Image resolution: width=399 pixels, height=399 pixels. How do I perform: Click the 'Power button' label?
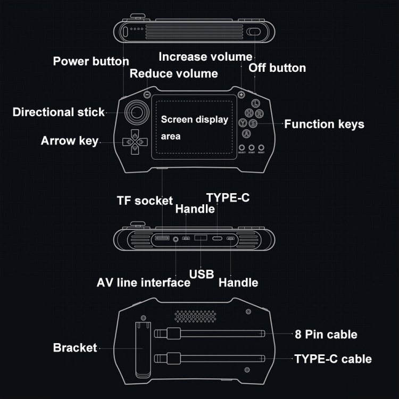[91, 61]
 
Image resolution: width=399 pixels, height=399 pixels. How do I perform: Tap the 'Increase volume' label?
[205, 56]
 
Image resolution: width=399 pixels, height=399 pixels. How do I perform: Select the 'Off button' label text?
[277, 68]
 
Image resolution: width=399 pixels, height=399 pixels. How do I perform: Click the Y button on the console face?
[243, 123]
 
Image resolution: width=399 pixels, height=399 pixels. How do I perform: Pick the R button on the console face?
[259, 114]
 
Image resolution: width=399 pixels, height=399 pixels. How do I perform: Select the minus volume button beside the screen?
[147, 95]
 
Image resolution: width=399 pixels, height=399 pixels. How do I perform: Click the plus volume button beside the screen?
[241, 95]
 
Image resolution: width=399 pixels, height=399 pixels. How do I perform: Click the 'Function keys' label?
[324, 124]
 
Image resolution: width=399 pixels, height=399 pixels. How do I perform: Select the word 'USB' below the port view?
[202, 275]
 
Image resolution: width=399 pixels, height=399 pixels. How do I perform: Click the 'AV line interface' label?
[143, 282]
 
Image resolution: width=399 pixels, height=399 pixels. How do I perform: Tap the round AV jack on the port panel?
[176, 240]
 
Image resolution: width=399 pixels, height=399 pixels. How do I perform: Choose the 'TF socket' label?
[145, 201]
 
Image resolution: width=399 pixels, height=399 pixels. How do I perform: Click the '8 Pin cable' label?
[326, 335]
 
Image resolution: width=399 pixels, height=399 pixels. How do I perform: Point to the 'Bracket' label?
[75, 348]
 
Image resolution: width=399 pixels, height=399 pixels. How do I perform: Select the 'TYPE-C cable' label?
[333, 359]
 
